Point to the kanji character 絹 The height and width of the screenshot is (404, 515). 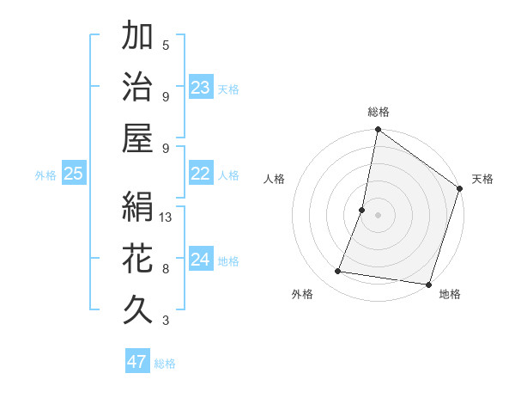[137, 206]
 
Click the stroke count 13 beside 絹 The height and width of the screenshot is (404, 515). [167, 217]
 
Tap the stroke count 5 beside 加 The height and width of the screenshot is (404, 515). [166, 46]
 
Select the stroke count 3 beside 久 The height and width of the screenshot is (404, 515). [166, 321]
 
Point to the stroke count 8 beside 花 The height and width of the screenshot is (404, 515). [166, 269]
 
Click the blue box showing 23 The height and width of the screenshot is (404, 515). [201, 87]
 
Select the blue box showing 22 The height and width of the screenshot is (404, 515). [201, 174]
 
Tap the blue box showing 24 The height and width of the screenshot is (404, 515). [201, 260]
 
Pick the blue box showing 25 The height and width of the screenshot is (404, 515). [74, 174]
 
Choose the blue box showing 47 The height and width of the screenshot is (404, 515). [137, 361]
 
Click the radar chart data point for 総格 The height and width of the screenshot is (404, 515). [378, 131]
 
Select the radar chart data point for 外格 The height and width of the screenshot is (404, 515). [338, 272]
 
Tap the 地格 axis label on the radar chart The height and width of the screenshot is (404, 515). [450, 294]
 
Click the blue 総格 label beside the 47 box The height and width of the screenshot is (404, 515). [165, 364]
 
